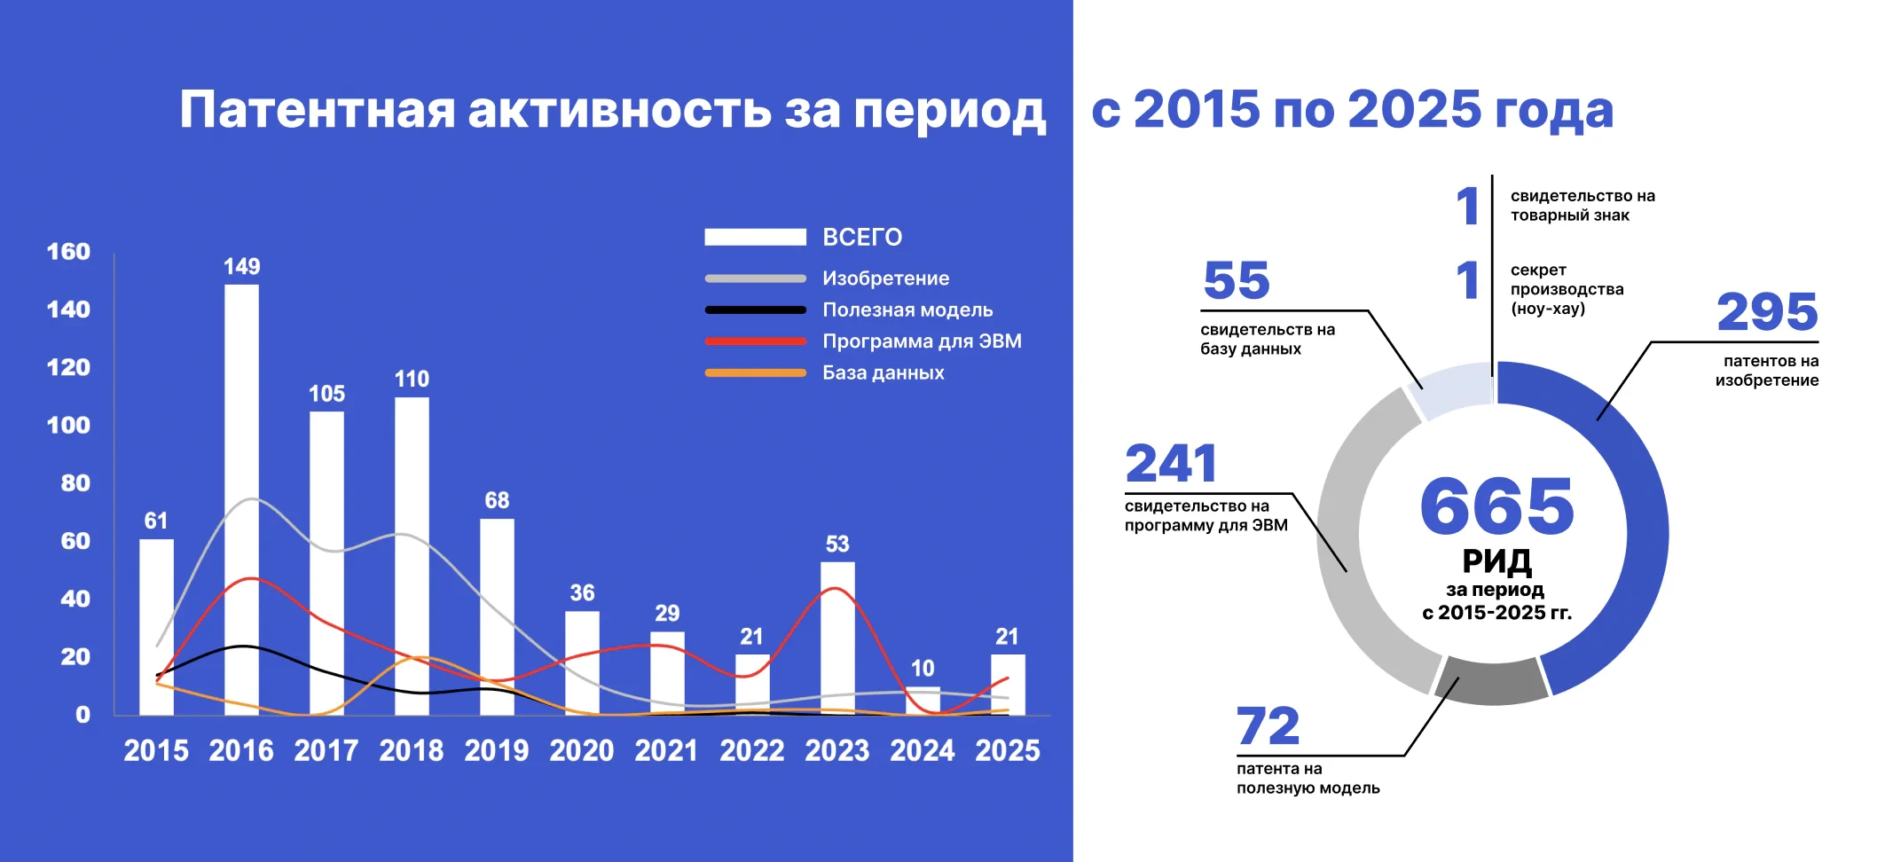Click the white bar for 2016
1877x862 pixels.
(x=241, y=499)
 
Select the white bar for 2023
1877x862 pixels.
(x=837, y=638)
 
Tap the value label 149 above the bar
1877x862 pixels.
(x=241, y=266)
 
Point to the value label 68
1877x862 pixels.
(x=497, y=500)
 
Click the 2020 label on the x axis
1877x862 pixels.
(x=582, y=750)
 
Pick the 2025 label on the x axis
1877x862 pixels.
(x=1008, y=750)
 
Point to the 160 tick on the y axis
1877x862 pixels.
(x=68, y=252)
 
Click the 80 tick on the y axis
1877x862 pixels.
(x=75, y=483)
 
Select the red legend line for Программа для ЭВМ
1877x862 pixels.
(x=755, y=341)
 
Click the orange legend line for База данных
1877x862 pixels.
(x=755, y=373)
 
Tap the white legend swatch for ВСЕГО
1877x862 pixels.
(x=755, y=237)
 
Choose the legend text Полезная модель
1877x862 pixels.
(x=907, y=310)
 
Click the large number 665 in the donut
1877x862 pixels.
(x=1496, y=505)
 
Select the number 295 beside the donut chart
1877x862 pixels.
(x=1767, y=311)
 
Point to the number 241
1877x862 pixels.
(x=1171, y=463)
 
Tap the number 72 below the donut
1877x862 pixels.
(x=1268, y=726)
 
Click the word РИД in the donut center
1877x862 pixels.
(x=1496, y=560)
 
